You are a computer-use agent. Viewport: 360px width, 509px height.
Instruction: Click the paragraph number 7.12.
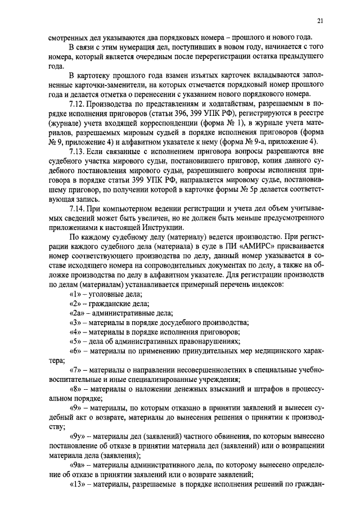(x=76, y=104)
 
